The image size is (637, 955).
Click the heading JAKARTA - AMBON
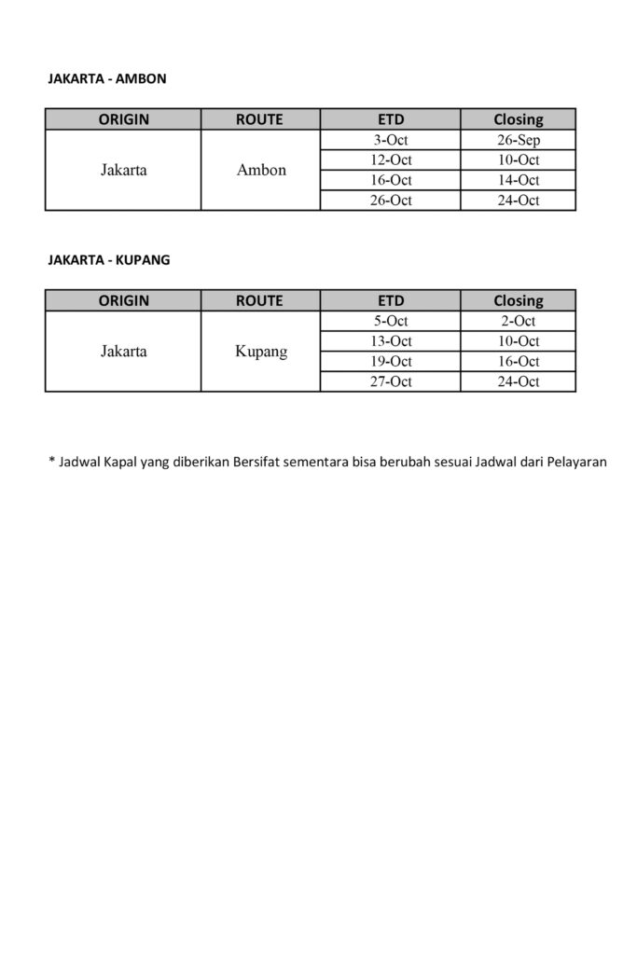[x=107, y=79]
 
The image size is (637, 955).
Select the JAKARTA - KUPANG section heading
[x=109, y=260]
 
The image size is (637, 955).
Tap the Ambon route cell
[x=261, y=171]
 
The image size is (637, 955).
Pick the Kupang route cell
[x=261, y=352]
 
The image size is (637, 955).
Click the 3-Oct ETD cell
[x=390, y=140]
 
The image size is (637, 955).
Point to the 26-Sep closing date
[x=519, y=140]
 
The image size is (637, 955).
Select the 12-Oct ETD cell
[x=390, y=159]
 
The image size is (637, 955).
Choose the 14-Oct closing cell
[x=519, y=180]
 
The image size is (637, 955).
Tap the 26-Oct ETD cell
[x=390, y=200]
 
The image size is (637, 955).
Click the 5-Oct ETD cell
[x=390, y=321]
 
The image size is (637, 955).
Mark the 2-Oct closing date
[x=519, y=321]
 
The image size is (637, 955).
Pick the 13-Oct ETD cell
[x=390, y=341]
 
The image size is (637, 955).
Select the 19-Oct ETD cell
[x=390, y=361]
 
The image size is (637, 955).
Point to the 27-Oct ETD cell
[x=390, y=381]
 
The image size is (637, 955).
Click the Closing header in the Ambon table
[x=519, y=119]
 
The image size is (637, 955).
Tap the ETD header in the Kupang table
[x=391, y=300]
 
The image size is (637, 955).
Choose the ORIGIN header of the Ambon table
[x=124, y=119]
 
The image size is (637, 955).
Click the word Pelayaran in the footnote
[x=575, y=461]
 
